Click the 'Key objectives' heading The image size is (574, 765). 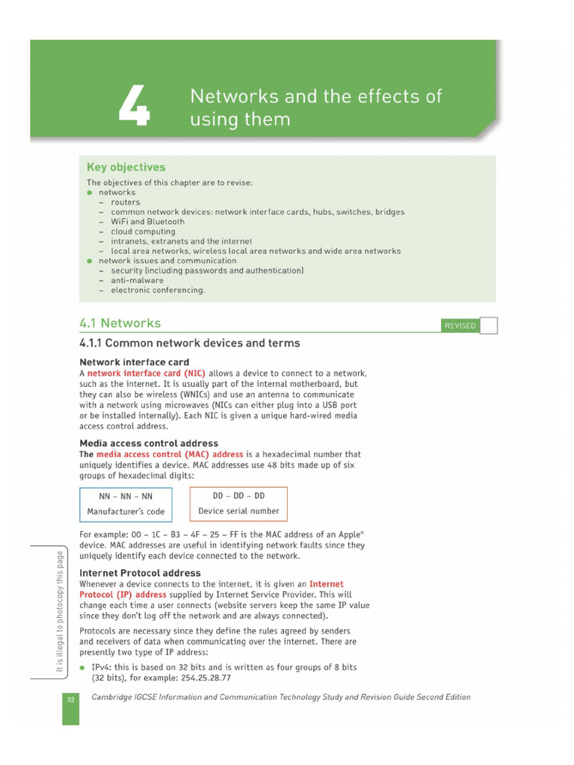click(126, 167)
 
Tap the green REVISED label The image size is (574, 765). click(460, 326)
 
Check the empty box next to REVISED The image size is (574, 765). click(488, 325)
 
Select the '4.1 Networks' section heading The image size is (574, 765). click(120, 323)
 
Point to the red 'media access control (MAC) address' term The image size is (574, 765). click(170, 454)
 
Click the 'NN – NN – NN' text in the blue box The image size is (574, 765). click(126, 496)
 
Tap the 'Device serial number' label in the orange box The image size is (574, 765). click(238, 512)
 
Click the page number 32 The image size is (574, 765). click(70, 698)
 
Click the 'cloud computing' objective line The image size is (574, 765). click(143, 232)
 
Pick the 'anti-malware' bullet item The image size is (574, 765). click(137, 280)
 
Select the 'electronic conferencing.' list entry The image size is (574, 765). click(158, 290)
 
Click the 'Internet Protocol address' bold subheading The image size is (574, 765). click(141, 573)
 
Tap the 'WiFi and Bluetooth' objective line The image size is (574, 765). click(147, 222)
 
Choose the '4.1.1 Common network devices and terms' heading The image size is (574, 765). click(190, 344)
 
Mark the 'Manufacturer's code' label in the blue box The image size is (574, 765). click(126, 512)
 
